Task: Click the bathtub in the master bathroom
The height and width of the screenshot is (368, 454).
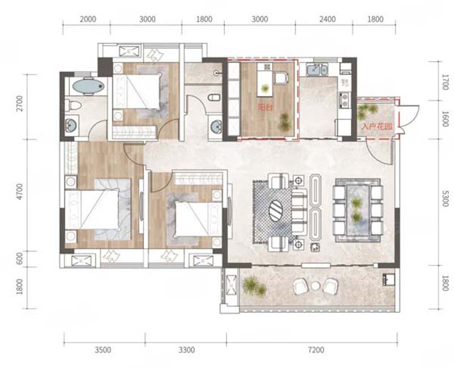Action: coord(88,86)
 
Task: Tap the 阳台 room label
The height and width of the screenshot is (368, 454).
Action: coord(265,108)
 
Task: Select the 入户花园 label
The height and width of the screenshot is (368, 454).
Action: coord(377,127)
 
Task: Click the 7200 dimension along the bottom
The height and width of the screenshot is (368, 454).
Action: coord(316,350)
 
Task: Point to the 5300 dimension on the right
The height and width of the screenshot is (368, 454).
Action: coord(445,199)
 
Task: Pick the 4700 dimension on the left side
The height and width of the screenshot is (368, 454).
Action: coord(19,191)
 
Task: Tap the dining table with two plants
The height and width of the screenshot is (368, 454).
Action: coord(358,209)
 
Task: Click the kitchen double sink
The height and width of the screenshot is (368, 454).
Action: coord(317,70)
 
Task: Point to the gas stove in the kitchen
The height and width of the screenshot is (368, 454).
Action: coord(344,101)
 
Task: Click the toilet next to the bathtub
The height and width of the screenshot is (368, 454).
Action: coord(73,105)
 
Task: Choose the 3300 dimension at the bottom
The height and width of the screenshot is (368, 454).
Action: coord(187,350)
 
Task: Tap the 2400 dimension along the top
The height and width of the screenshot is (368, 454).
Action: coord(327,19)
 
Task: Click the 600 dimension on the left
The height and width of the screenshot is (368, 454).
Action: coord(19,258)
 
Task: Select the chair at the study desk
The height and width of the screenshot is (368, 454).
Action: coord(281,78)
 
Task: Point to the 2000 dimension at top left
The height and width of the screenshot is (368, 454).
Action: coord(88,19)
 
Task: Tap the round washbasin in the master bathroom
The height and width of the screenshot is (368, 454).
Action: coord(70,126)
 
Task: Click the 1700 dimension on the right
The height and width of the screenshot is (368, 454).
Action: coord(445,82)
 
